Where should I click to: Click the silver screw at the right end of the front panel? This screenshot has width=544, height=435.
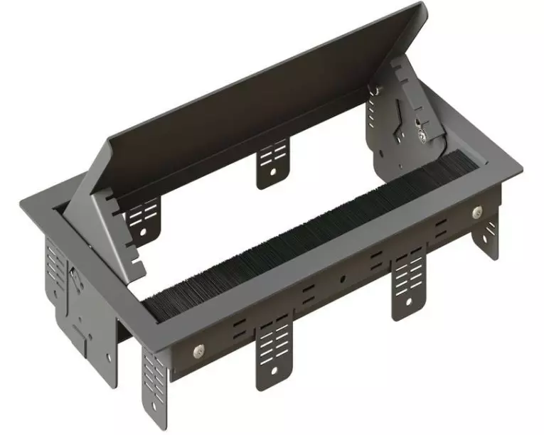476,212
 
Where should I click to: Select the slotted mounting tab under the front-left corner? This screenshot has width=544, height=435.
156,387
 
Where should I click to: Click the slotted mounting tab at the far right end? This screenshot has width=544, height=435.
489,238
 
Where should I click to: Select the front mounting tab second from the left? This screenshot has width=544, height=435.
274,352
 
